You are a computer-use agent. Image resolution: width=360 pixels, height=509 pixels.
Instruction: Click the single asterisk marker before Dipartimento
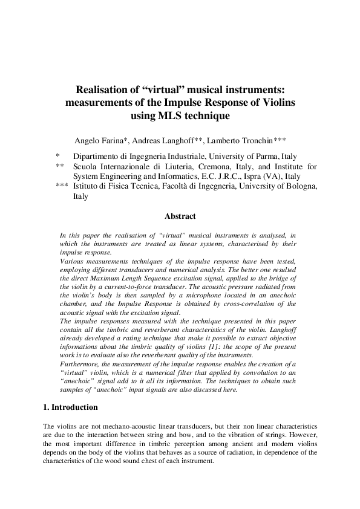pyautogui.click(x=57, y=156)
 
